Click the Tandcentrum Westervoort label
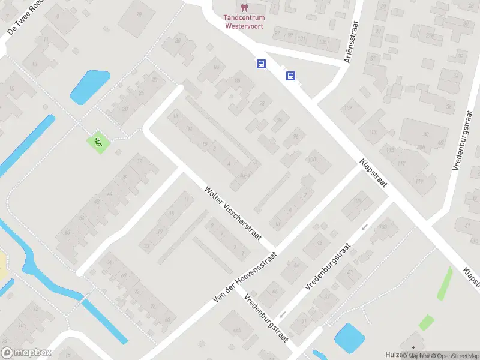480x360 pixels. [x=245, y=22]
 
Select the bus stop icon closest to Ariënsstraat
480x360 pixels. [x=291, y=76]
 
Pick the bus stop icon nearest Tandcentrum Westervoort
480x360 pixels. [x=261, y=64]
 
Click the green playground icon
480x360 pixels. [x=97, y=142]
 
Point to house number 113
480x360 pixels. [x=373, y=131]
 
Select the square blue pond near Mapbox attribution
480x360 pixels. [x=348, y=338]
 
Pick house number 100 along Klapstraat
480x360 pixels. [x=311, y=159]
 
